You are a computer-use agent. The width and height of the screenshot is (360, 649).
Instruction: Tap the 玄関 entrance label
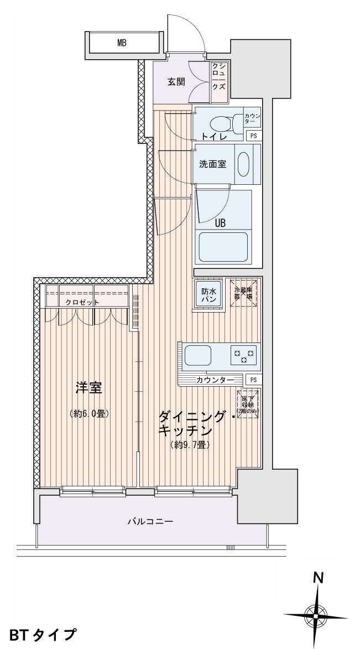coord(176,82)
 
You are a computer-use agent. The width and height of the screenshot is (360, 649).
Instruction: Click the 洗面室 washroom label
coord(212,164)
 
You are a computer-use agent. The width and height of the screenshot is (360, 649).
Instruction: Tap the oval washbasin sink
coord(243,164)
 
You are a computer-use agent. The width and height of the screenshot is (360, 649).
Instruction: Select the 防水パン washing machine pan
coord(208,294)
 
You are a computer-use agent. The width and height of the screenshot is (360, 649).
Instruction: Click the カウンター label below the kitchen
coord(210,380)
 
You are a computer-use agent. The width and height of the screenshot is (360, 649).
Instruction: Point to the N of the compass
coord(318,578)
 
